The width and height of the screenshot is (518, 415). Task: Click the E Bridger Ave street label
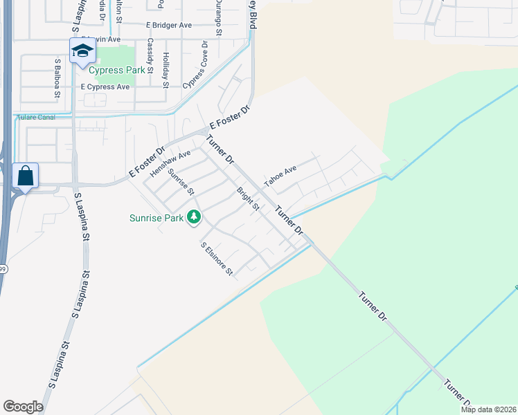[169, 25]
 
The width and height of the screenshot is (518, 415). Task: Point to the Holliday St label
[166, 71]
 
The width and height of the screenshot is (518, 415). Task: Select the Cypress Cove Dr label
[195, 64]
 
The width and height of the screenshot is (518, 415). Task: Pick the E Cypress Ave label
[105, 87]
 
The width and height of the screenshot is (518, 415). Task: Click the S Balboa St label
[58, 77]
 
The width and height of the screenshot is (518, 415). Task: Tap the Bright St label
[247, 199]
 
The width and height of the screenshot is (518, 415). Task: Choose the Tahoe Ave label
[280, 177]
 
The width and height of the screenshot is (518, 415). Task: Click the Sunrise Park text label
[157, 218]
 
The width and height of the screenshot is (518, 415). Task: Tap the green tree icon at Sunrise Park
[195, 218]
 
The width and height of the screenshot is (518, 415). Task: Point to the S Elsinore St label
[217, 259]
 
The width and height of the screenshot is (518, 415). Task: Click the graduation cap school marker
[82, 50]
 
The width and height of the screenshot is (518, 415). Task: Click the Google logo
[23, 406]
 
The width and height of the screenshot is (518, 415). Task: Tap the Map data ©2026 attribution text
[488, 409]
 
